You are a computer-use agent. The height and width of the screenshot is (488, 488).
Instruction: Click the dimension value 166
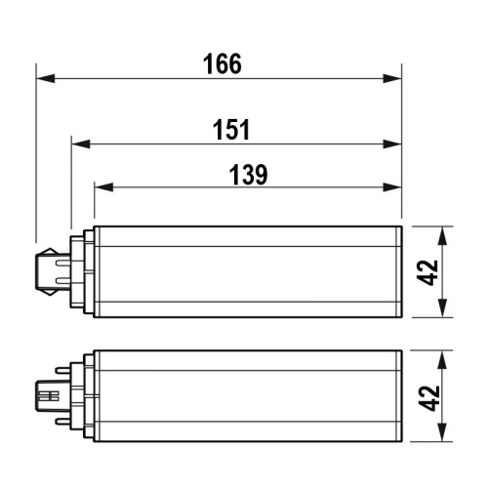(x=223, y=64)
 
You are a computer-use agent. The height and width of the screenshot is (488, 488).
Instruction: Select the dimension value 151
(x=231, y=130)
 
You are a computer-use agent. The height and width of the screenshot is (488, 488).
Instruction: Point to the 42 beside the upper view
(x=427, y=273)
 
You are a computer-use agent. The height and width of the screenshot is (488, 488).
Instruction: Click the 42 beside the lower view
(x=427, y=397)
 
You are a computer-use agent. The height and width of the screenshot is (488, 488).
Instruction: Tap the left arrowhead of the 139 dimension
(x=102, y=186)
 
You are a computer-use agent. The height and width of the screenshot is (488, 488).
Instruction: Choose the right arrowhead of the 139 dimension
(x=393, y=186)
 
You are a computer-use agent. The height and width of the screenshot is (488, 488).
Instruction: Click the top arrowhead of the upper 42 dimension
(x=445, y=234)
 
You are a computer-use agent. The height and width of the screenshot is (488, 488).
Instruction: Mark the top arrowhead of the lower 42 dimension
(x=445, y=356)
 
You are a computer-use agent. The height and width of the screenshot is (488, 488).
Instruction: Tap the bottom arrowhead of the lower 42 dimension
(x=445, y=434)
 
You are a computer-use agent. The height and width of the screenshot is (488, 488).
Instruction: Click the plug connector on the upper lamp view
(x=51, y=273)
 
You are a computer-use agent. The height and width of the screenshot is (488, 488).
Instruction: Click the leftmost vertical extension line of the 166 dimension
(x=35, y=156)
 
